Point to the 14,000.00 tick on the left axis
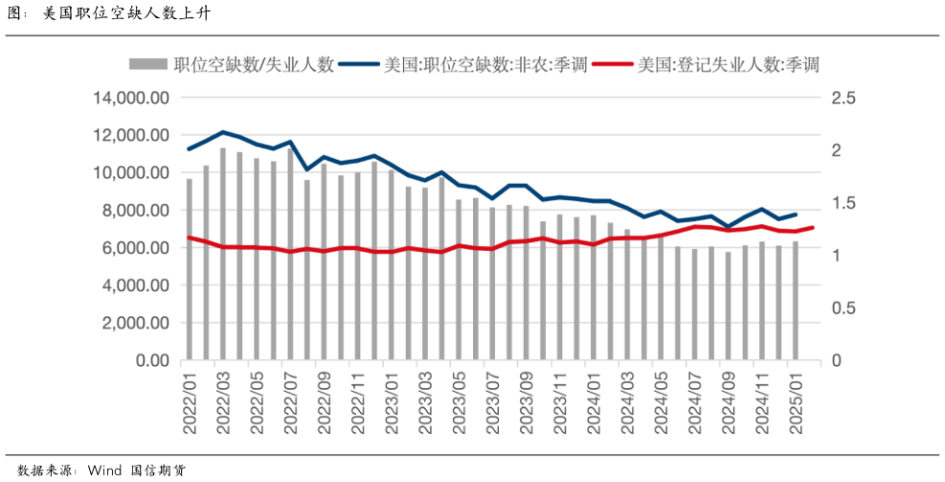click(x=130, y=98)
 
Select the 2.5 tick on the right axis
click(x=843, y=98)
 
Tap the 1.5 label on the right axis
click(x=843, y=203)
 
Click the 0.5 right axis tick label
click(x=843, y=309)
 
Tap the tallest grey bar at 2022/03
click(x=223, y=254)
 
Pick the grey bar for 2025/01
click(x=795, y=301)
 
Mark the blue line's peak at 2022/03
click(x=223, y=132)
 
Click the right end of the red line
click(x=813, y=227)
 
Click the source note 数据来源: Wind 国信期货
click(x=101, y=471)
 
